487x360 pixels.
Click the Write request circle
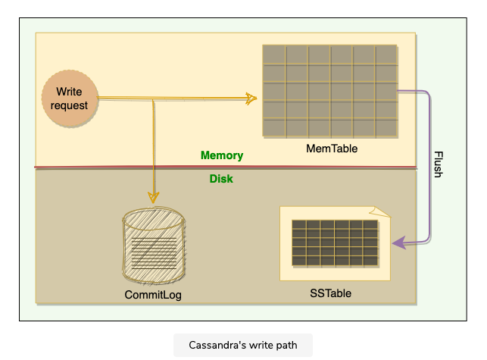tap(70, 99)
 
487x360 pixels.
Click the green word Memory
tap(222, 155)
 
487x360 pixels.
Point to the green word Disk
tap(221, 180)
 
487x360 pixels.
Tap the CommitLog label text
tap(153, 294)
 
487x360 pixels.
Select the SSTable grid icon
tap(335, 243)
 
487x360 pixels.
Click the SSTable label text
tap(331, 293)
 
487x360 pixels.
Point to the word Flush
tap(437, 164)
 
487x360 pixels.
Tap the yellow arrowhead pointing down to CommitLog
tap(154, 196)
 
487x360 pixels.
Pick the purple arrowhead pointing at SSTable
tap(397, 243)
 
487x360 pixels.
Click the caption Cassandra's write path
tap(243, 346)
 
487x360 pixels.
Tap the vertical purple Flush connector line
tap(429, 167)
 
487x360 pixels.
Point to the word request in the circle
tap(70, 105)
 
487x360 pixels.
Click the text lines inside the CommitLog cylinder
tap(153, 250)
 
